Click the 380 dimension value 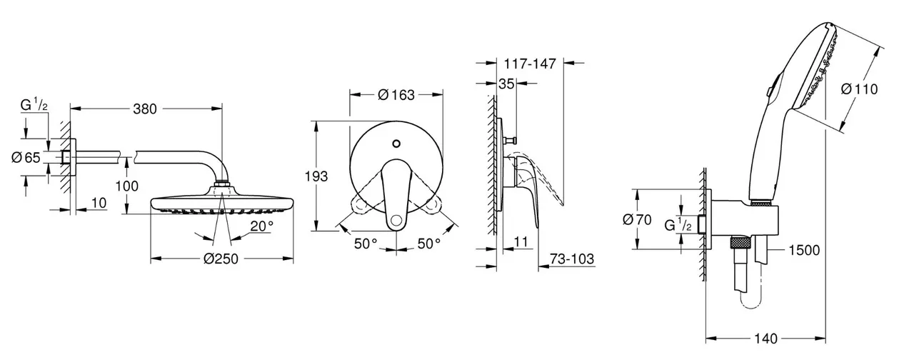click(145, 109)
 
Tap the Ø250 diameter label click(221, 259)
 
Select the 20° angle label click(262, 226)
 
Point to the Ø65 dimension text click(26, 158)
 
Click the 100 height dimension click(126, 186)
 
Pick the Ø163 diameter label click(396, 95)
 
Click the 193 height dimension click(316, 176)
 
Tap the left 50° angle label click(366, 244)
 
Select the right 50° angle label click(429, 244)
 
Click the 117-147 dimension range click(530, 64)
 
